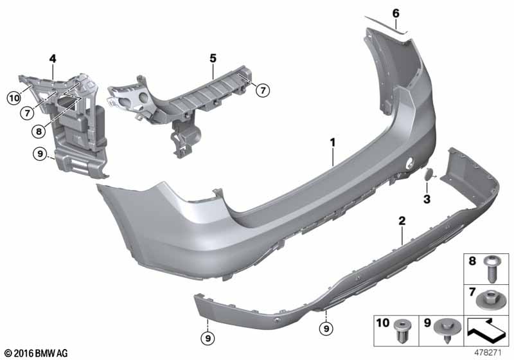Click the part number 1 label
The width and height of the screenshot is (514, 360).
[333, 143]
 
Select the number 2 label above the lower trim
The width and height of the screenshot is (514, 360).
[402, 221]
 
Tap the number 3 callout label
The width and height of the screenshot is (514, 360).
[427, 199]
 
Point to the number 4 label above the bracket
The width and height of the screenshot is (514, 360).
[53, 59]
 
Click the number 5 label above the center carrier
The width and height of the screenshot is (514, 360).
[213, 59]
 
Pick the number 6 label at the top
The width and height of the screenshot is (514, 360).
[396, 14]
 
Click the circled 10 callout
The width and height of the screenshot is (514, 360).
[14, 98]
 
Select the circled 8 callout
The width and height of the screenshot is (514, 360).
[39, 132]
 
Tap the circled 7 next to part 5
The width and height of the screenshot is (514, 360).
[263, 90]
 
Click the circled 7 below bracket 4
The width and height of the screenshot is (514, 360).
[27, 113]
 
